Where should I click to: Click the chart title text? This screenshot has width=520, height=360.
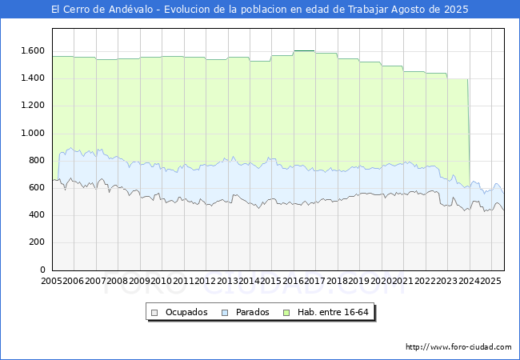click(260, 10)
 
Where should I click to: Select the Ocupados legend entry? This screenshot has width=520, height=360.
click(186, 312)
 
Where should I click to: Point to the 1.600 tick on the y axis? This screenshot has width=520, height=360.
click(32, 50)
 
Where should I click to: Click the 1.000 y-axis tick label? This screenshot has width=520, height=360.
click(32, 133)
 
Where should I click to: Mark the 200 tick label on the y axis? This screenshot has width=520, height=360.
click(36, 242)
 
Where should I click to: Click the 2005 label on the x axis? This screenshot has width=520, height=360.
click(52, 281)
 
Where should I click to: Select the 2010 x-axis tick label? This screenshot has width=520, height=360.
click(162, 281)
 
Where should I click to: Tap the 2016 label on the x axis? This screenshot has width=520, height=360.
click(294, 281)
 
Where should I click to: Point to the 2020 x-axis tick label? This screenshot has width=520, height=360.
click(381, 281)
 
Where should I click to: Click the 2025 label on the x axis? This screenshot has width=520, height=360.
click(490, 281)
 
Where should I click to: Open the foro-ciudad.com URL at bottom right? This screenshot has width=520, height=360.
click(458, 347)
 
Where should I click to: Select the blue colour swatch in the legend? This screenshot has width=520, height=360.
click(226, 312)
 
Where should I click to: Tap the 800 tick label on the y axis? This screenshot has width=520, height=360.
click(36, 160)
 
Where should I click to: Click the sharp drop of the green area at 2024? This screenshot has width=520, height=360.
click(469, 128)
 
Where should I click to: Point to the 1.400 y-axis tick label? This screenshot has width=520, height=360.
click(32, 78)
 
